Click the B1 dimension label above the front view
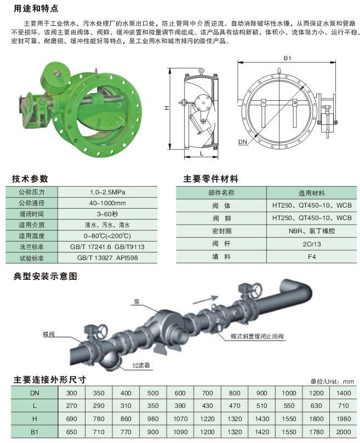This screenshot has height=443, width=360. pyautogui.click(x=287, y=58)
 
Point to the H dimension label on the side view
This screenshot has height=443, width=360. pyautogui.click(x=167, y=108)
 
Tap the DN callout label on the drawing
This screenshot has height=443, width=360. pyautogui.click(x=243, y=142)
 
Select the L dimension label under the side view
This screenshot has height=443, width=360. pyautogui.click(x=202, y=153)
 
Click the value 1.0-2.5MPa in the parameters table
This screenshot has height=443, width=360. pyautogui.click(x=107, y=192)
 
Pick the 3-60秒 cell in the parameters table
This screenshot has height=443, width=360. pyautogui.click(x=107, y=214)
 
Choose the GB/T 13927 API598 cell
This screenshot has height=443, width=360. pyautogui.click(x=107, y=258)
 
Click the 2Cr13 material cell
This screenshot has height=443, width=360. pyautogui.click(x=312, y=244)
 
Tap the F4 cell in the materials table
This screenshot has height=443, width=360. pyautogui.click(x=312, y=257)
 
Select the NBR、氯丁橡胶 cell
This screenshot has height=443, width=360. pyautogui.click(x=312, y=231)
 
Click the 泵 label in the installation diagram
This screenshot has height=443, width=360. pyautogui.click(x=137, y=302)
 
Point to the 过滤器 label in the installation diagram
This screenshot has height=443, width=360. pyautogui.click(x=141, y=365)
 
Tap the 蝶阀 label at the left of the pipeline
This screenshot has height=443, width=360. pyautogui.click(x=49, y=334)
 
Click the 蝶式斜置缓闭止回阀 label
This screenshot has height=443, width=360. pyautogui.click(x=257, y=336)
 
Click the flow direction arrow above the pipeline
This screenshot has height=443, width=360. pyautogui.click(x=205, y=300)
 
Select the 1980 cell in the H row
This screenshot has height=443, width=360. pyautogui.click(x=344, y=419)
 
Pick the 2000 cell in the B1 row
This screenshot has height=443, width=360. pyautogui.click(x=344, y=432)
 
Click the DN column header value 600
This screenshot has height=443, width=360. pyautogui.click(x=180, y=393)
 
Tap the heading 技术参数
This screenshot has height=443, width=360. pyautogui.click(x=30, y=179)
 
